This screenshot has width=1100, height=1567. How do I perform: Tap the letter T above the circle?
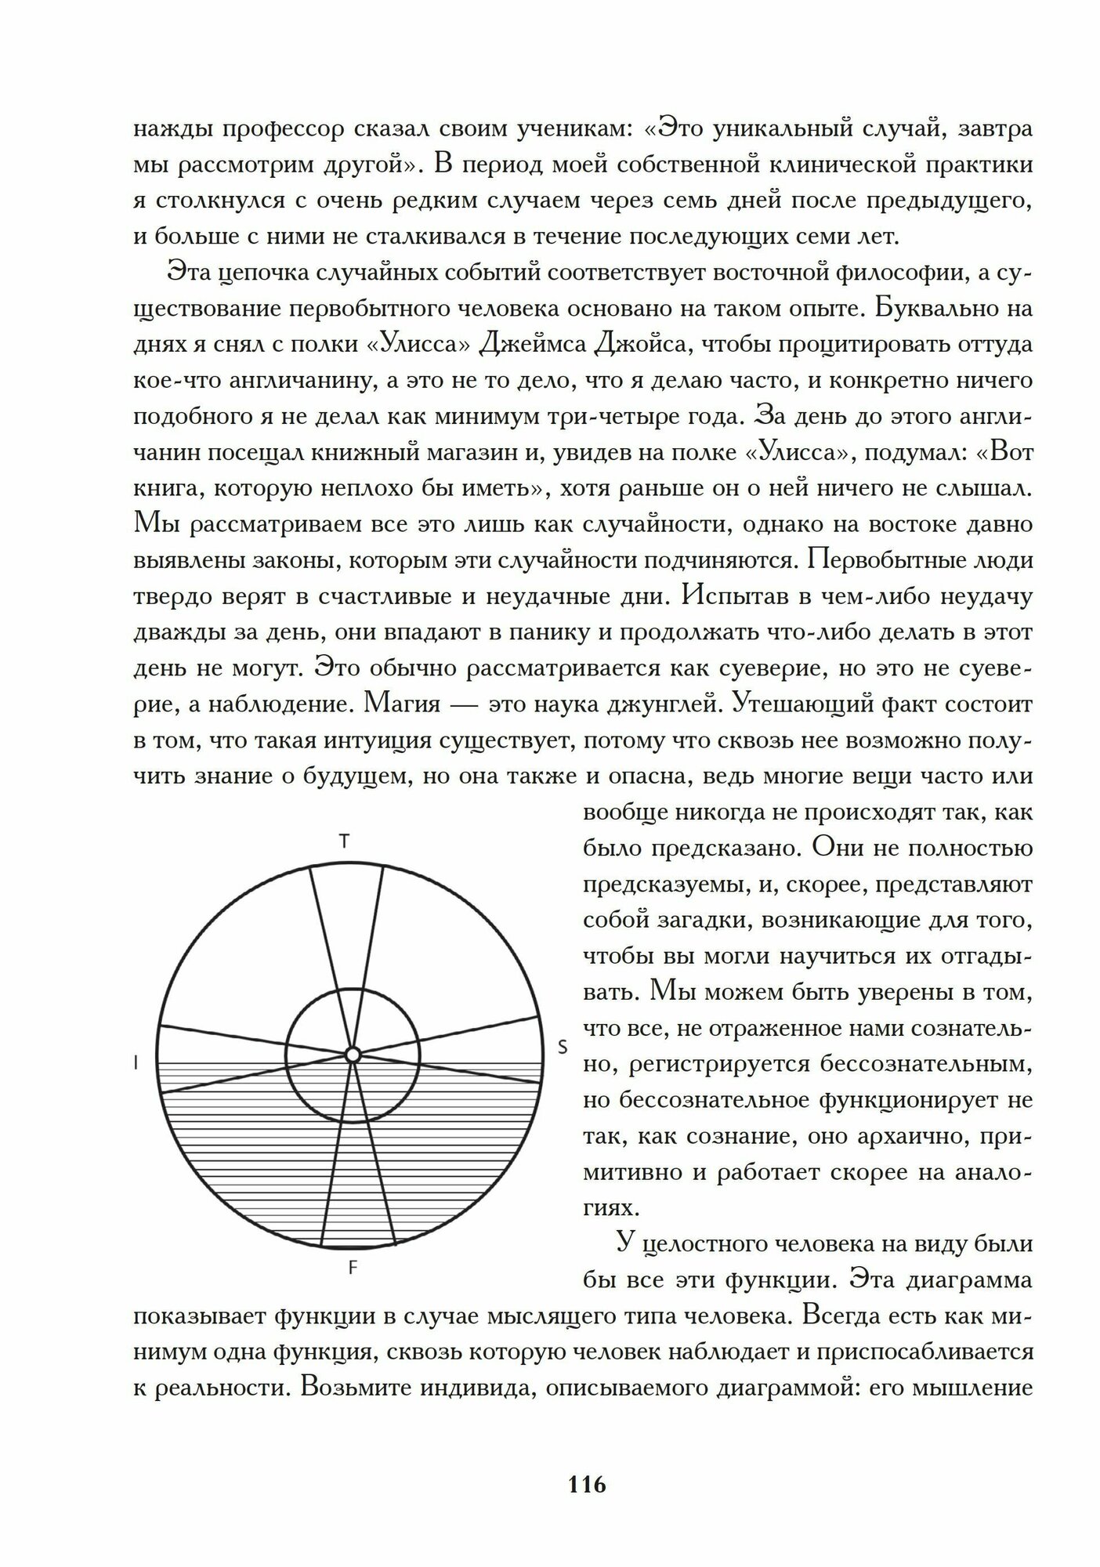tap(344, 841)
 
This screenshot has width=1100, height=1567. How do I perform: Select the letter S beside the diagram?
tap(562, 1047)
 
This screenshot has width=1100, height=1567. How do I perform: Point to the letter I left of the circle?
tap(137, 1063)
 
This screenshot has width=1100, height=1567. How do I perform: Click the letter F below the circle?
tap(353, 1268)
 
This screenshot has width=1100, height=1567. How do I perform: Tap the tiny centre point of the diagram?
tap(353, 1055)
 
